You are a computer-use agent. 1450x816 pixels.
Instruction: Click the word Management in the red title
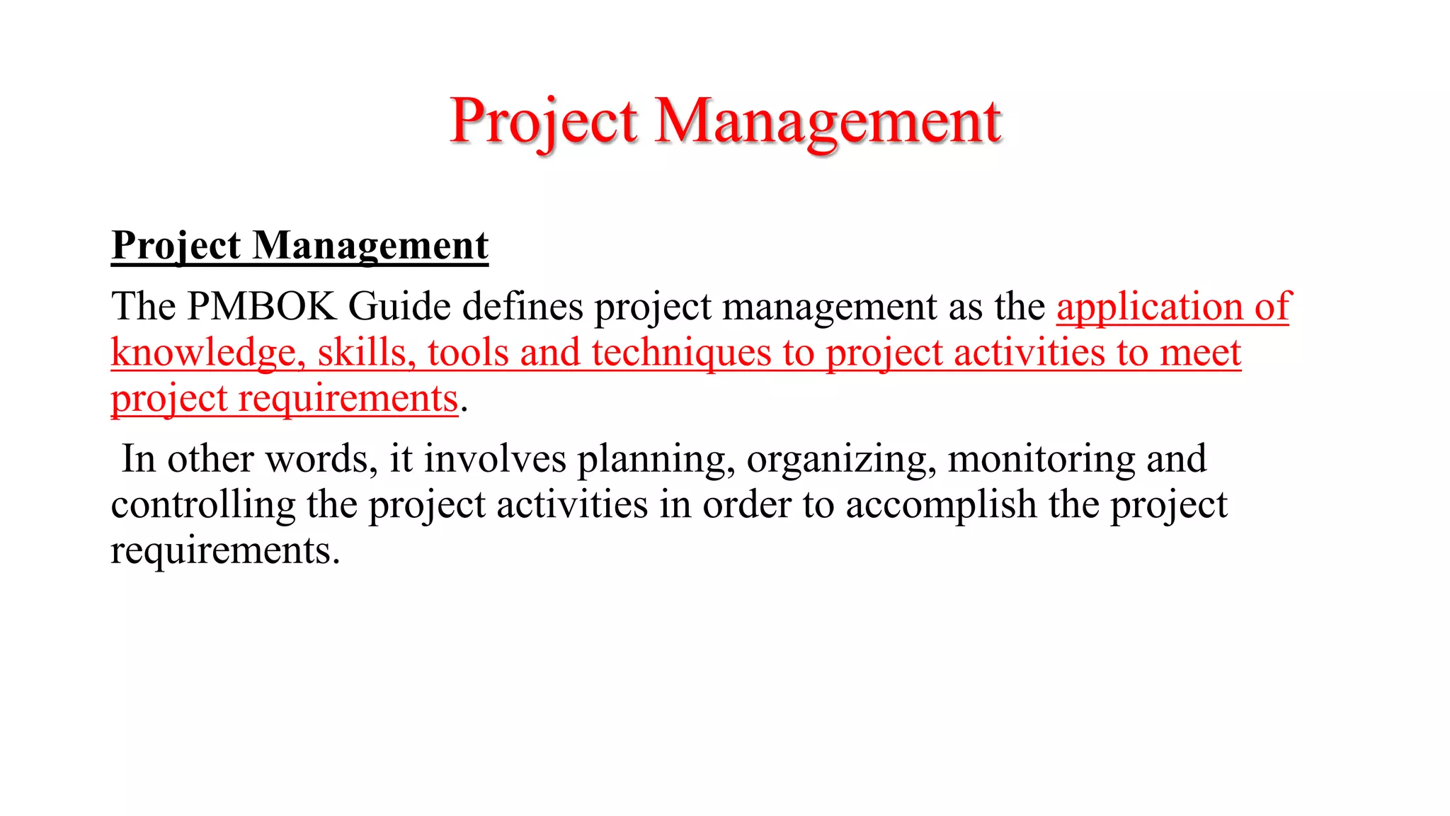(x=828, y=121)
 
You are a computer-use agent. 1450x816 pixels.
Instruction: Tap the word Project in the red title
(x=544, y=121)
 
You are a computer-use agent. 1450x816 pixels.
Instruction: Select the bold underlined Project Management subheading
(x=299, y=246)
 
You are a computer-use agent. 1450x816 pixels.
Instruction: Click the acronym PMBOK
(x=261, y=307)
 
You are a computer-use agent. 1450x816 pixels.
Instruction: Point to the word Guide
(x=399, y=307)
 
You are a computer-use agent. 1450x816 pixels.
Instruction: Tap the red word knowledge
(x=203, y=353)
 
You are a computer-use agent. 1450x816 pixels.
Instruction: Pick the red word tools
(x=468, y=353)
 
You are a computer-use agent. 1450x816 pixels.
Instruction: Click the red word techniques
(x=681, y=353)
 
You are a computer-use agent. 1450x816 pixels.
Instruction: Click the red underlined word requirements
(x=348, y=399)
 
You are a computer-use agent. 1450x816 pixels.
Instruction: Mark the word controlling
(x=202, y=505)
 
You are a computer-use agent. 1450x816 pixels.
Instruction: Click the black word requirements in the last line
(x=224, y=551)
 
